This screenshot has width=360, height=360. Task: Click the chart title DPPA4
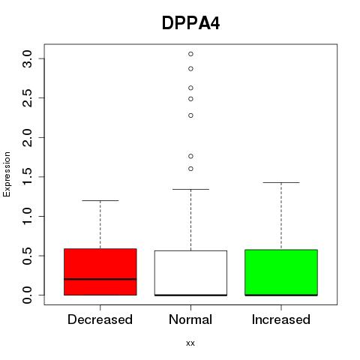190,23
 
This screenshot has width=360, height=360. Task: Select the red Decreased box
100,271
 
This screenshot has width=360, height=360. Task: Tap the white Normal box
190,273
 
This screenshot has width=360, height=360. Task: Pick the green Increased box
281,272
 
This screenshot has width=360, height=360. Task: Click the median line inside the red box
100,279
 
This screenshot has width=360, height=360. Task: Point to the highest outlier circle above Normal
190,54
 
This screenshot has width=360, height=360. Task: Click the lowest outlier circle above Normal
190,169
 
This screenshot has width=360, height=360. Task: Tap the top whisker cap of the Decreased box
100,200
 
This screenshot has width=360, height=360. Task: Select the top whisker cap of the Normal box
190,189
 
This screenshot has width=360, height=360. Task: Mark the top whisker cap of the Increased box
281,182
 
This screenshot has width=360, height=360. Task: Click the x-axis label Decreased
100,319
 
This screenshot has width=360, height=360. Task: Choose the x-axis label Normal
190,319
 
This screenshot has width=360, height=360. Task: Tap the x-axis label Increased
281,319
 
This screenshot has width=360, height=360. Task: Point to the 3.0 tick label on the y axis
27,58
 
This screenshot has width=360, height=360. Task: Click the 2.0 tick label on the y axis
27,137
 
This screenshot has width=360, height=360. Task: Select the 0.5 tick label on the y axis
27,256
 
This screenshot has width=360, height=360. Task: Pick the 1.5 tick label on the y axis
27,177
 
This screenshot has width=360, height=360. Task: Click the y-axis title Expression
7,174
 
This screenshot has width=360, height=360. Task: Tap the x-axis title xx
190,343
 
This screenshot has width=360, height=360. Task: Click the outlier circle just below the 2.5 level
190,99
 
